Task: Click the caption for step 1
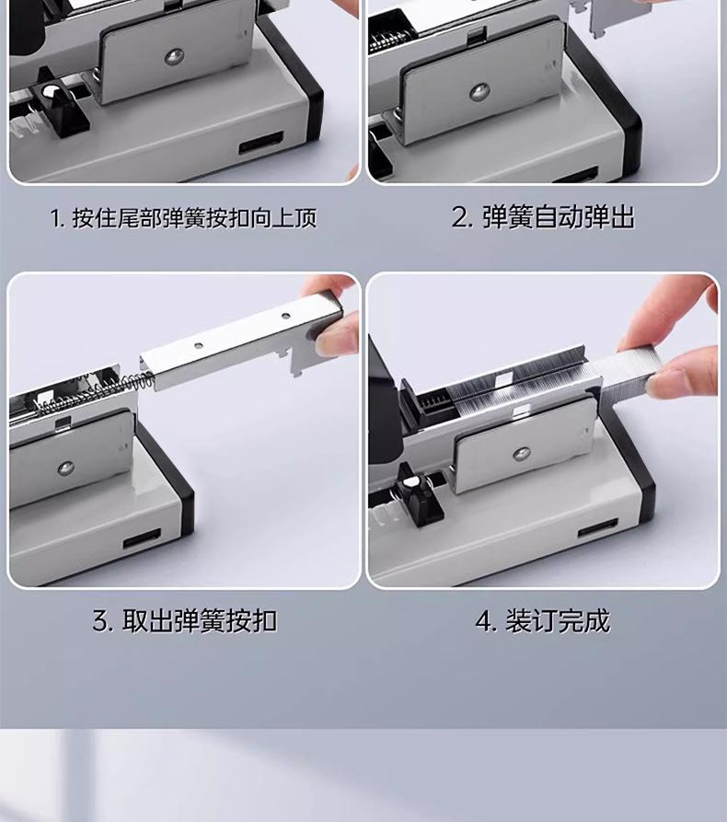(x=184, y=217)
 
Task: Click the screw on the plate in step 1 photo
(x=174, y=57)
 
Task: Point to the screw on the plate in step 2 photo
(x=479, y=92)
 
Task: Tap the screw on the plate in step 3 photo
(x=66, y=469)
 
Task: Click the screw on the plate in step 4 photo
(x=522, y=453)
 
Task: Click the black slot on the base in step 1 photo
(x=261, y=142)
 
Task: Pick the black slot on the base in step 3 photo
(x=142, y=538)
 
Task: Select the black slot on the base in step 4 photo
(x=597, y=528)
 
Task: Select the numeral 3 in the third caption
(x=100, y=621)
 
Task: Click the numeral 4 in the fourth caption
(x=483, y=621)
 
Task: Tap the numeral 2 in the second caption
(x=460, y=217)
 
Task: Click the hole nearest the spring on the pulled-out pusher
(x=198, y=345)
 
